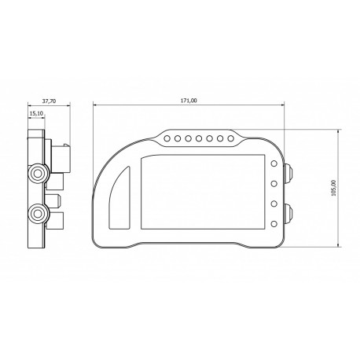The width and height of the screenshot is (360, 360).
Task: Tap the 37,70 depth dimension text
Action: point(49,101)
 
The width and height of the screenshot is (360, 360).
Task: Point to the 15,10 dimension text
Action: point(36,113)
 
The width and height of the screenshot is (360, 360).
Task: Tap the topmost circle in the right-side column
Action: point(274,164)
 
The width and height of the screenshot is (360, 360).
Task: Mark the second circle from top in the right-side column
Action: point(274,185)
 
